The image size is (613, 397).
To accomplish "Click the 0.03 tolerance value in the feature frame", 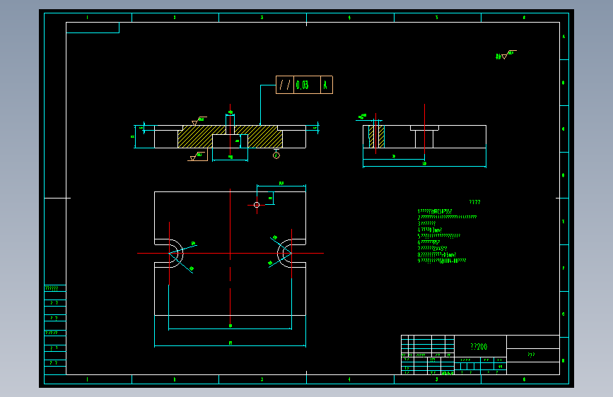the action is tap(303, 85).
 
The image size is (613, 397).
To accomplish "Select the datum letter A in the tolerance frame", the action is tap(325, 85).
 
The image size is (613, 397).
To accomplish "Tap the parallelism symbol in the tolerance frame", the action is tap(284, 85).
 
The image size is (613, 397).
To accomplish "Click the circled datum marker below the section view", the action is tap(276, 155).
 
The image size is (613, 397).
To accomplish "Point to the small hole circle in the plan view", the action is tap(257, 205).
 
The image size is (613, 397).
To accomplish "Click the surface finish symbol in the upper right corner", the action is tap(503, 54).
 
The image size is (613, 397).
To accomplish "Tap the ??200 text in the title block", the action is tap(479, 347).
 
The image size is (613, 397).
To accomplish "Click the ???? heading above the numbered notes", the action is tap(475, 202).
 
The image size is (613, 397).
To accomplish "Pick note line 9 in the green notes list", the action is tap(442, 261).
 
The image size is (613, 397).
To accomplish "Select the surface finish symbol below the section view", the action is tap(194, 156).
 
